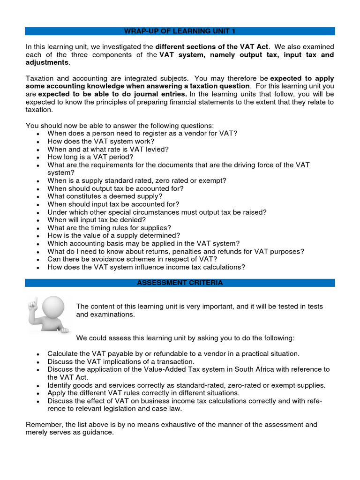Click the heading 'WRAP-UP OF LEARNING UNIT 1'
(180, 31)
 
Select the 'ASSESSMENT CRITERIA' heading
(180, 283)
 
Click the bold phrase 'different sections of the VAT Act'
(213, 47)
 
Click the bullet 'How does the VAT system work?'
(100, 141)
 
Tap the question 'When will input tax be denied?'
(96, 220)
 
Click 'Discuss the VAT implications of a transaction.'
(120, 361)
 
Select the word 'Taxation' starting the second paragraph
(41, 78)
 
